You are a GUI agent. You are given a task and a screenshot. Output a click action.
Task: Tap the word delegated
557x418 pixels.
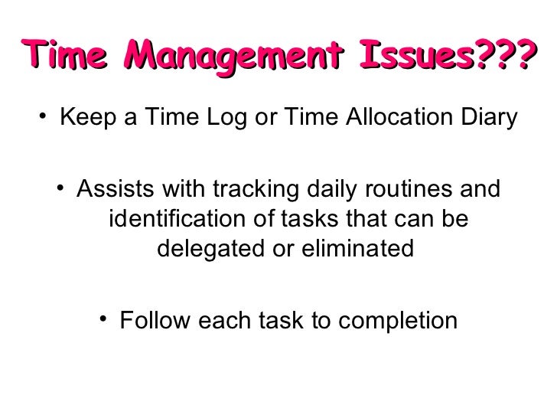216,250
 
